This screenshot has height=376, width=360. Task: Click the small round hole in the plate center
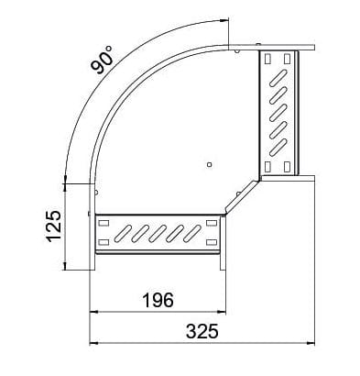tap(210, 165)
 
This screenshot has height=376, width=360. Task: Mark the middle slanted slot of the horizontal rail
tap(158, 228)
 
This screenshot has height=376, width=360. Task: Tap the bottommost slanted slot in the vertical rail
tap(278, 144)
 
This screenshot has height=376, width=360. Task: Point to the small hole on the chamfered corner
tap(241, 194)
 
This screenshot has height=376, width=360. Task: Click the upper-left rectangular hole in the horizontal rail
tap(101, 223)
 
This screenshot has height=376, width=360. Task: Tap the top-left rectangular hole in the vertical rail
tap(267, 59)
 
